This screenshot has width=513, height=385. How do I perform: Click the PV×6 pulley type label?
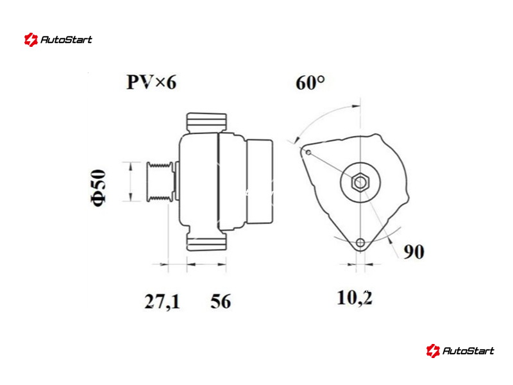click(151, 82)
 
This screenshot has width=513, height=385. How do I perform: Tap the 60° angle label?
click(310, 83)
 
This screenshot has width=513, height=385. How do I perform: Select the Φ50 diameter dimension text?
click(99, 187)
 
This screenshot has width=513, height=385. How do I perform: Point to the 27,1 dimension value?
click(162, 302)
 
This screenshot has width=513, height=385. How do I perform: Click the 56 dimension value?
click(221, 301)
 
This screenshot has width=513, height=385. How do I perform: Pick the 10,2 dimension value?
click(355, 298)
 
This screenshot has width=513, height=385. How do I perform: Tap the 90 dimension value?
click(414, 252)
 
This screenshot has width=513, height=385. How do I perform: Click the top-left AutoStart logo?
click(58, 40)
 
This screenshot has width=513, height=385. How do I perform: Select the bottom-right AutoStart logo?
click(460, 350)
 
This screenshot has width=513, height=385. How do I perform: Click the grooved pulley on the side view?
click(160, 182)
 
